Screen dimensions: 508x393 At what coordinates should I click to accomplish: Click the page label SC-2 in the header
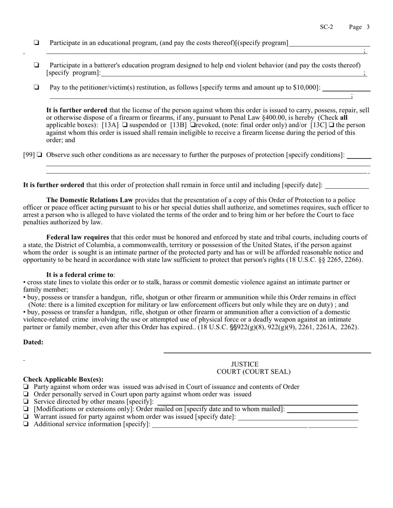click(326, 27)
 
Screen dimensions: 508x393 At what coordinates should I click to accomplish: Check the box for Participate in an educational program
click(37, 43)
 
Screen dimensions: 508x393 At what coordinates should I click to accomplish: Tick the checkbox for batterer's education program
click(37, 65)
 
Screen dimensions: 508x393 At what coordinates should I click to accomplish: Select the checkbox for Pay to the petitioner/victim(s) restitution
click(37, 87)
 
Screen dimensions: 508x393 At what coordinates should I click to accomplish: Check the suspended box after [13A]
click(125, 125)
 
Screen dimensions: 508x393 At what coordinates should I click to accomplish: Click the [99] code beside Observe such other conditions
click(29, 155)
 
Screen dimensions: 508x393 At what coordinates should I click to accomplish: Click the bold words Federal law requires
click(78, 237)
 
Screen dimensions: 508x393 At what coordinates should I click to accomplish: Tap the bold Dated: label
click(33, 342)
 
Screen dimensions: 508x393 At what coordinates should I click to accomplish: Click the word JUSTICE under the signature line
click(244, 364)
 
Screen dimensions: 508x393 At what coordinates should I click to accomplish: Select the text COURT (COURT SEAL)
click(254, 372)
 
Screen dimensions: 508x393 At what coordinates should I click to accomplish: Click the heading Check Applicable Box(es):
click(63, 379)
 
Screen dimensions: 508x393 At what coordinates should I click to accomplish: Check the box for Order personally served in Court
click(26, 394)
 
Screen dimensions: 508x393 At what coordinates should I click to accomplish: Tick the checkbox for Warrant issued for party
click(26, 417)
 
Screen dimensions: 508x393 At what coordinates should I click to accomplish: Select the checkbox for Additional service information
click(26, 424)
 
